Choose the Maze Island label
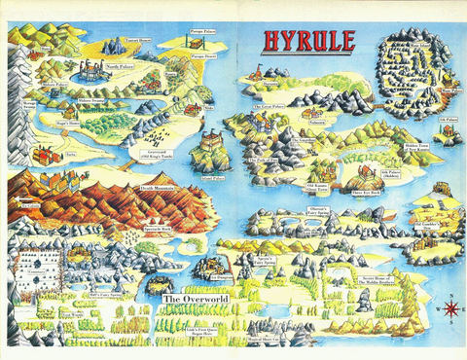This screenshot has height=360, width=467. click(x=417, y=44)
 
